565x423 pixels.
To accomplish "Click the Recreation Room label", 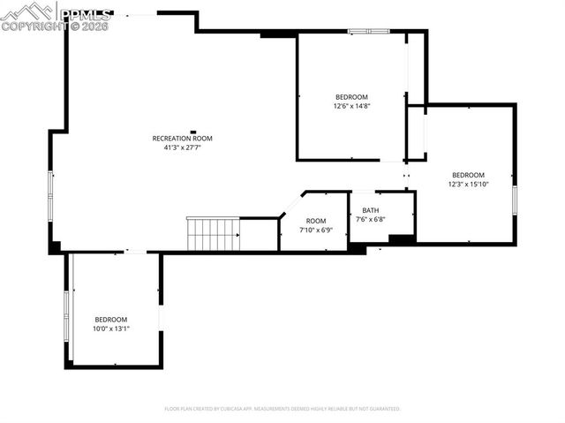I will coord(182,139).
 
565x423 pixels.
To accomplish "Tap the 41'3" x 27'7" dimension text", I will coord(182,148).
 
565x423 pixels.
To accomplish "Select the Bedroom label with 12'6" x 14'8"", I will coord(350,97).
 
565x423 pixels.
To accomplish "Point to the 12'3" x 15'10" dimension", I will coord(468,184).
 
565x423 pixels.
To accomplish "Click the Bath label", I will coord(371,210).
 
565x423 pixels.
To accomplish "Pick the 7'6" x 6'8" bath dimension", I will coord(371,219).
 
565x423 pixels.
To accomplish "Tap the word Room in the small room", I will coord(315,221).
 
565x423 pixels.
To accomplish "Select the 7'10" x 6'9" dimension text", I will coord(315,230).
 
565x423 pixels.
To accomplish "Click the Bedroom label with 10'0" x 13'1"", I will coord(111,320).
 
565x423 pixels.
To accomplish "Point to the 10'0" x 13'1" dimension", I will coord(111,329).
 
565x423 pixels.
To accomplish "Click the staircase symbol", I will coord(212,235).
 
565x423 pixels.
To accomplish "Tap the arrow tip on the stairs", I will coord(238,235).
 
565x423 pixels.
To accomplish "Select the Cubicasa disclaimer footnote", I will coord(282,409).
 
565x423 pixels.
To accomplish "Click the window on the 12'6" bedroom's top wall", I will coord(368,32).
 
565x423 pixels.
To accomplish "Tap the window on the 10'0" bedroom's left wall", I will coord(65,310).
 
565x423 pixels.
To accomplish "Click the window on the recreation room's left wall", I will coord(50,196).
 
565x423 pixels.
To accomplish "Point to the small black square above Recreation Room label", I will coord(193,132).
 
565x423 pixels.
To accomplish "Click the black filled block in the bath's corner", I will coord(402,239).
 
